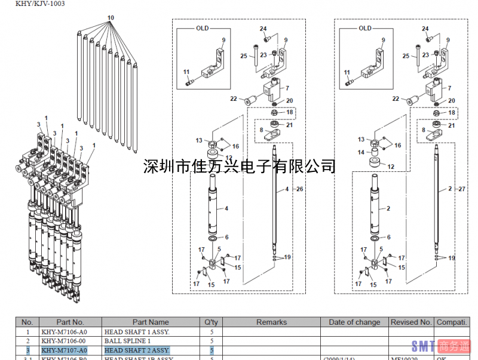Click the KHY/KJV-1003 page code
(x=33, y=4)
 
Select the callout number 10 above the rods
(x=110, y=18)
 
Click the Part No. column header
(x=71, y=322)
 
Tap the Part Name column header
(x=151, y=322)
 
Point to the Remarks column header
(x=271, y=322)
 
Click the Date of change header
(x=354, y=322)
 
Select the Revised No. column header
(x=411, y=322)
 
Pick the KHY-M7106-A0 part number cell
(x=65, y=332)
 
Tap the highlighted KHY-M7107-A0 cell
(x=65, y=350)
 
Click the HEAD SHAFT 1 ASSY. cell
(x=137, y=332)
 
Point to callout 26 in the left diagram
(x=301, y=189)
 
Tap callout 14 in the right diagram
(x=361, y=152)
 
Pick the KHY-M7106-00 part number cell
(x=65, y=341)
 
